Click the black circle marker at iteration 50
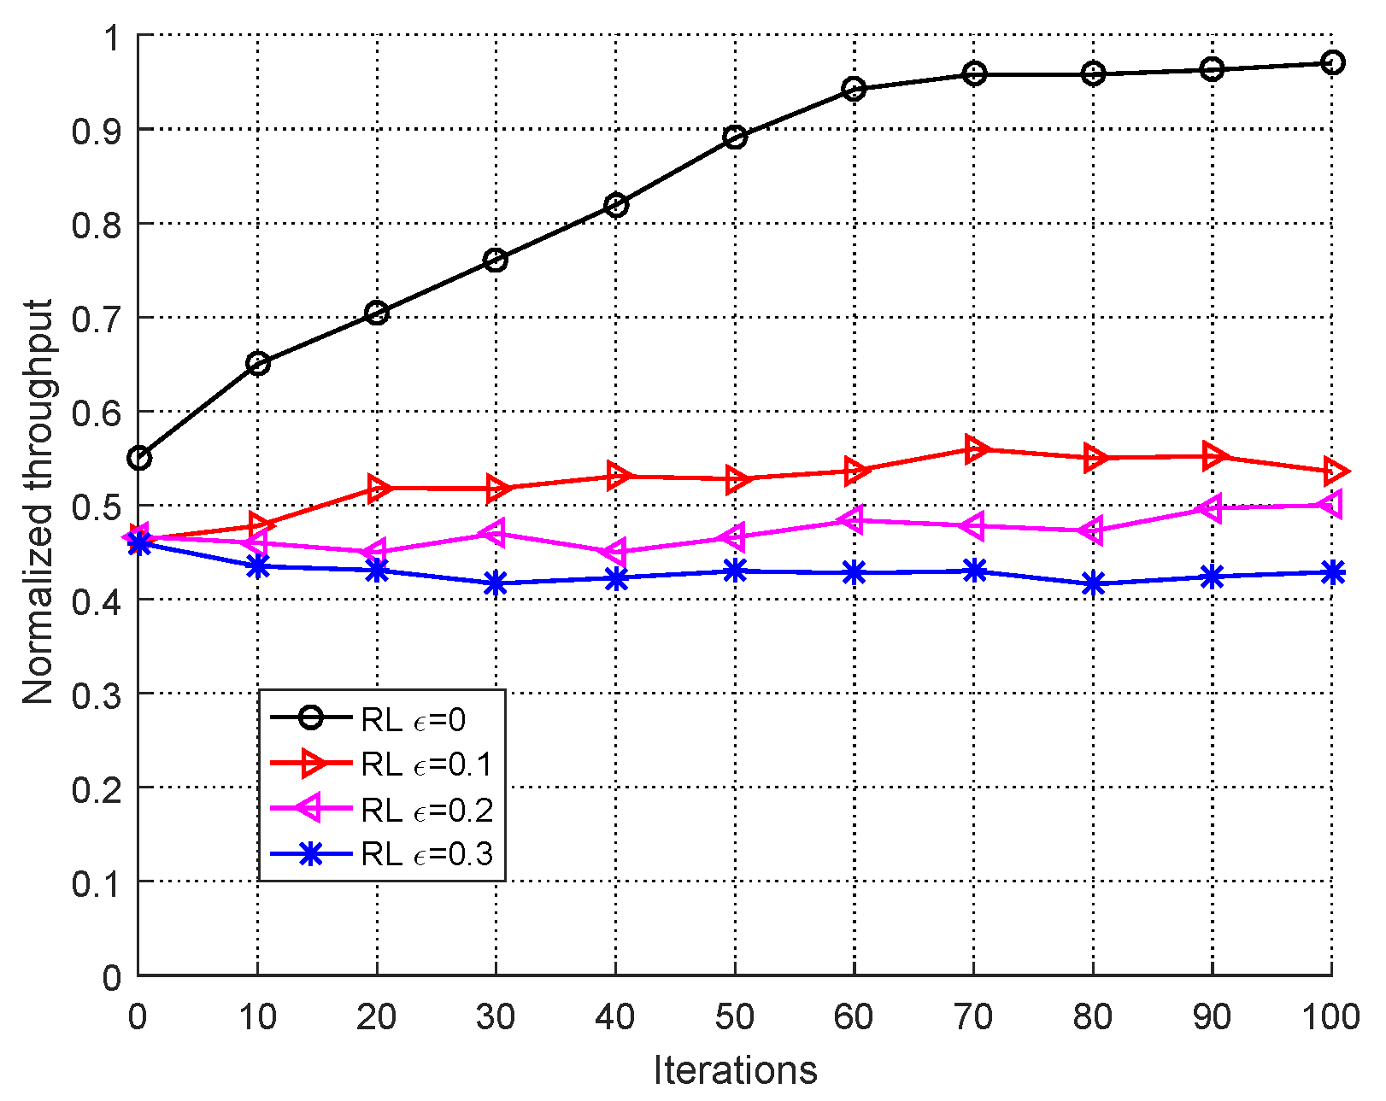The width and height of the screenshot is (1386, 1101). tap(735, 137)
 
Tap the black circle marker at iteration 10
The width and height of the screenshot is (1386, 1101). tap(258, 364)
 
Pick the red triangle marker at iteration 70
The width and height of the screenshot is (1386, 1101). tap(975, 449)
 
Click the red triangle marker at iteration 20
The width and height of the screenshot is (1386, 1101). tap(378, 489)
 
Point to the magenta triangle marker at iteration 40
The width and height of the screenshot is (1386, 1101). tap(614, 551)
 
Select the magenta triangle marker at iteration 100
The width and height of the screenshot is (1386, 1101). tap(1330, 504)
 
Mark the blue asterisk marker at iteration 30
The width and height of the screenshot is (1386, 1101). tap(496, 584)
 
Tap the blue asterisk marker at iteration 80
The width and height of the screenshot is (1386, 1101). tap(1093, 584)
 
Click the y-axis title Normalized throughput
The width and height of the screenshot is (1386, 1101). tap(38, 502)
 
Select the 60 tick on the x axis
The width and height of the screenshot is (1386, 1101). tap(854, 1017)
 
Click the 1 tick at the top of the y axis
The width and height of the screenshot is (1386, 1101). tap(112, 38)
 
